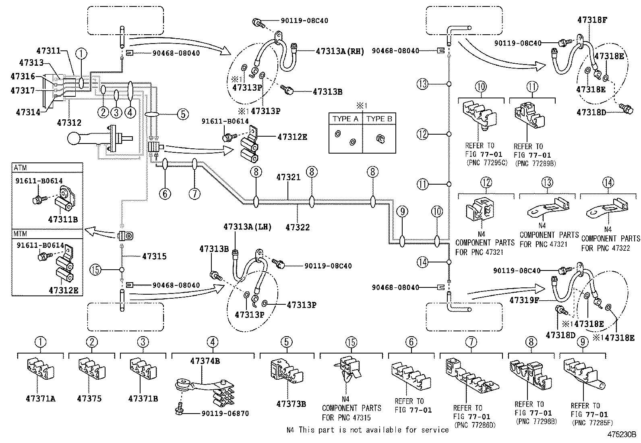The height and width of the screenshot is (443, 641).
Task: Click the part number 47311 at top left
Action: click(x=48, y=51)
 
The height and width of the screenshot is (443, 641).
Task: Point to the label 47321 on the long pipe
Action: click(x=288, y=177)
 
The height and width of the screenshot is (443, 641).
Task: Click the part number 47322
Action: click(x=298, y=227)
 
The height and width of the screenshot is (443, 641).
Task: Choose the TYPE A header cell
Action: click(x=345, y=119)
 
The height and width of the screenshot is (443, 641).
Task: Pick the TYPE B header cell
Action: click(x=379, y=119)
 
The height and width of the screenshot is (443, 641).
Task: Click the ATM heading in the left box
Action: click(x=21, y=168)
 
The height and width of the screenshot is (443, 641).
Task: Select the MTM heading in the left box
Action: click(x=21, y=234)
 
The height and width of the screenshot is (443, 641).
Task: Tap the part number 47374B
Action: click(x=205, y=361)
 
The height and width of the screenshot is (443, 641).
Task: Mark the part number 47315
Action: click(x=154, y=256)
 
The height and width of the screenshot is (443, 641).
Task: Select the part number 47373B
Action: click(x=291, y=403)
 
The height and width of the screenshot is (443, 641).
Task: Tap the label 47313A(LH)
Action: click(x=248, y=227)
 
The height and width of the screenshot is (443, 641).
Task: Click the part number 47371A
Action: click(x=40, y=399)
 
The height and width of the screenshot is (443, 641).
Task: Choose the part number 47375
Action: click(x=89, y=399)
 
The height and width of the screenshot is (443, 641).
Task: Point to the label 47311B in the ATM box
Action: click(x=63, y=220)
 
